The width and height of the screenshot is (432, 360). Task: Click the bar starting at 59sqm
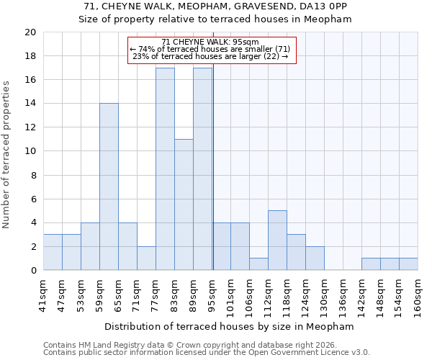pos(109,186)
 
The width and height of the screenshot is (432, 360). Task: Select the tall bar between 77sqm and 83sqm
pos(165,168)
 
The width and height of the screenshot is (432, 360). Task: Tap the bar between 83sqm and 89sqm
pos(184,204)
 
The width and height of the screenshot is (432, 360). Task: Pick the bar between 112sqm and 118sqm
pos(277,240)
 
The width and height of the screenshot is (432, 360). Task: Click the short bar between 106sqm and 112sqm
pos(258,264)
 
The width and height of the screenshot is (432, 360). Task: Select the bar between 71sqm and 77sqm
pos(146,258)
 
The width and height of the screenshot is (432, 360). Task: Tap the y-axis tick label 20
pos(30,32)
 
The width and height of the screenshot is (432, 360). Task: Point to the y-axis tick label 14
pos(30,104)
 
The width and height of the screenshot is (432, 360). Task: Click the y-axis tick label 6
pos(32,199)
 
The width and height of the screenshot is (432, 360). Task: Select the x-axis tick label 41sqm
pos(43,295)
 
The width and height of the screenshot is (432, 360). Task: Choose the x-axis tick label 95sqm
pos(212,295)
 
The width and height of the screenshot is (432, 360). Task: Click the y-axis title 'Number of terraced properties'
pos(6,155)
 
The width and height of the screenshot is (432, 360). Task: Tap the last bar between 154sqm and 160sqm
pos(408,264)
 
